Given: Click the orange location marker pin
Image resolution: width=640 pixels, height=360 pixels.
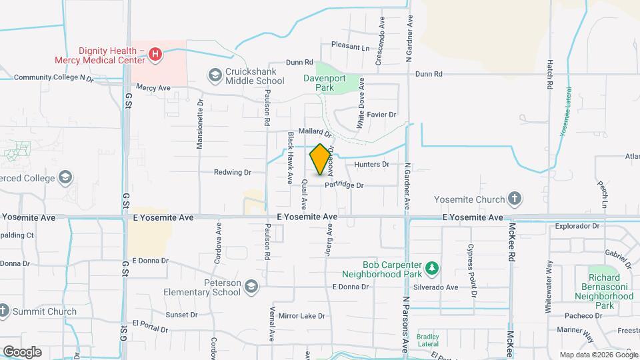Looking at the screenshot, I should tap(320, 159).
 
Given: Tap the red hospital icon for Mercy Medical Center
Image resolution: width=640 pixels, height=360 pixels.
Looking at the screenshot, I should tap(155, 53).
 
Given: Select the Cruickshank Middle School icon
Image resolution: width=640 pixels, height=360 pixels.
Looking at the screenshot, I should tap(215, 75).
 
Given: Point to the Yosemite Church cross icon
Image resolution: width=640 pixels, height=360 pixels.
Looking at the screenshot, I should tap(514, 198).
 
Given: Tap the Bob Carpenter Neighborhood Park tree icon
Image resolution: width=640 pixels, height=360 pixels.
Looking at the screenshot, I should tap(431, 268).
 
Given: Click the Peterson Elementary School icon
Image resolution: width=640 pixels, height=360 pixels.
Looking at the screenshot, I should tap(251, 287).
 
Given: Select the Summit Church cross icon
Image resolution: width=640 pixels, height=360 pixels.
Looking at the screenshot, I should tap(4, 311).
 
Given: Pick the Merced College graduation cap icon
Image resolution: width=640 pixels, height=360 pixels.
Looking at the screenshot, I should tap(65, 177).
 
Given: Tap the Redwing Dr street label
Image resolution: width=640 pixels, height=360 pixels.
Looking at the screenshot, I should tap(232, 172).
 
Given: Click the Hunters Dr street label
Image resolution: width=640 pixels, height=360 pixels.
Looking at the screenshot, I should tap(371, 164).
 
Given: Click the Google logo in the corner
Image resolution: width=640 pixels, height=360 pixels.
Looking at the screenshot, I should tap(22, 351).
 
